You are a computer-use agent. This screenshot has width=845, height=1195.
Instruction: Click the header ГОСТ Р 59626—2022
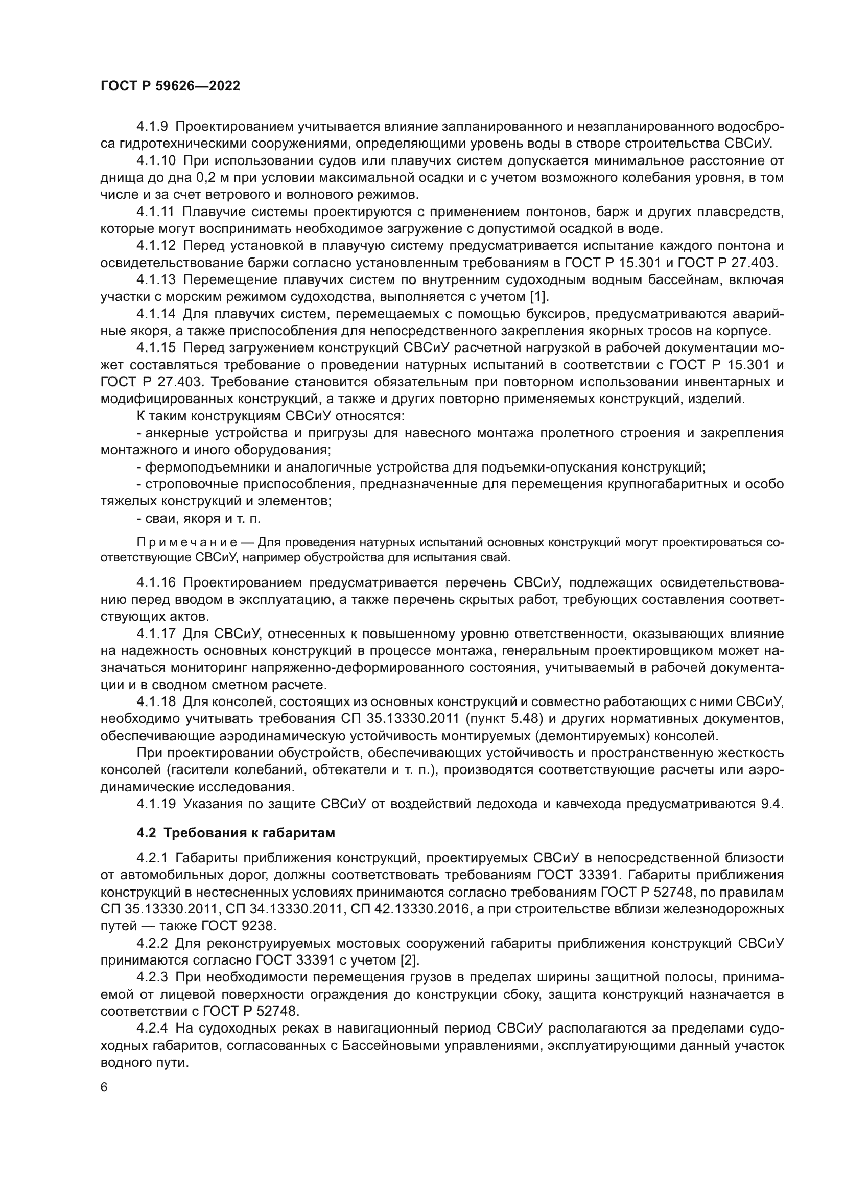click(170, 86)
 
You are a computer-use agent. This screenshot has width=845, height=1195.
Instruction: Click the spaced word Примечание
click(187, 543)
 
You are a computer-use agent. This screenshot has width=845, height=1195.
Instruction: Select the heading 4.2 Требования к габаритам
click(235, 833)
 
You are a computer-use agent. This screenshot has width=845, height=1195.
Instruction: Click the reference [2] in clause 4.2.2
click(409, 960)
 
